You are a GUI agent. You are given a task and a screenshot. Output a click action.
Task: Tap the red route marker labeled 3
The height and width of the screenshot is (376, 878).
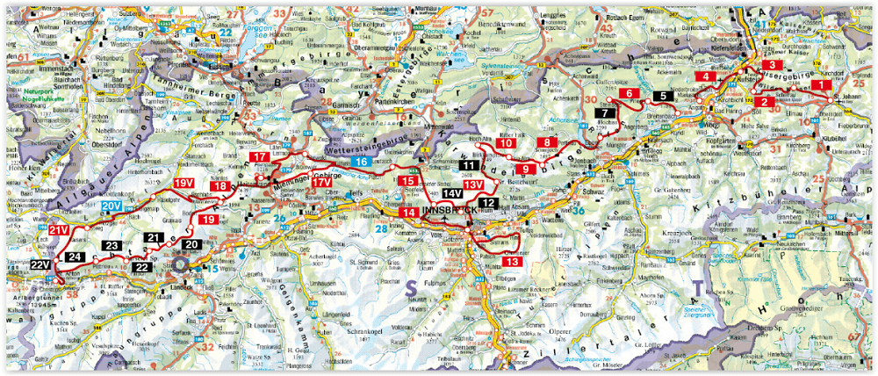(771, 66)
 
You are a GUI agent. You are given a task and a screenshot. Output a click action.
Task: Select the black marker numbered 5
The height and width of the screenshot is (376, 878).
(664, 96)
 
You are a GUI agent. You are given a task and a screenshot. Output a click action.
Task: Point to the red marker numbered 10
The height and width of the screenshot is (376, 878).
(506, 143)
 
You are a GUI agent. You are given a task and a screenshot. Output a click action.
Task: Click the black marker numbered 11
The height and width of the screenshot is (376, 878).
(470, 165)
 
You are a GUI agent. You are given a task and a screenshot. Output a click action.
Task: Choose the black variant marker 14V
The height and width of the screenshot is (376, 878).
(452, 194)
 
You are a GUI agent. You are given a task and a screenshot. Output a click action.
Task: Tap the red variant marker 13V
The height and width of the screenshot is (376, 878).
(474, 184)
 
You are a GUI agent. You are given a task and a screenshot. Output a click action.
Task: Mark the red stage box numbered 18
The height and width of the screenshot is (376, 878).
(219, 186)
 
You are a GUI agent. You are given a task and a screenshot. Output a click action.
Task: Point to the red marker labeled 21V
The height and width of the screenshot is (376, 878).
(57, 230)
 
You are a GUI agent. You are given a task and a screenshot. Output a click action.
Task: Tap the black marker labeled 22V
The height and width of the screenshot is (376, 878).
(40, 264)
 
